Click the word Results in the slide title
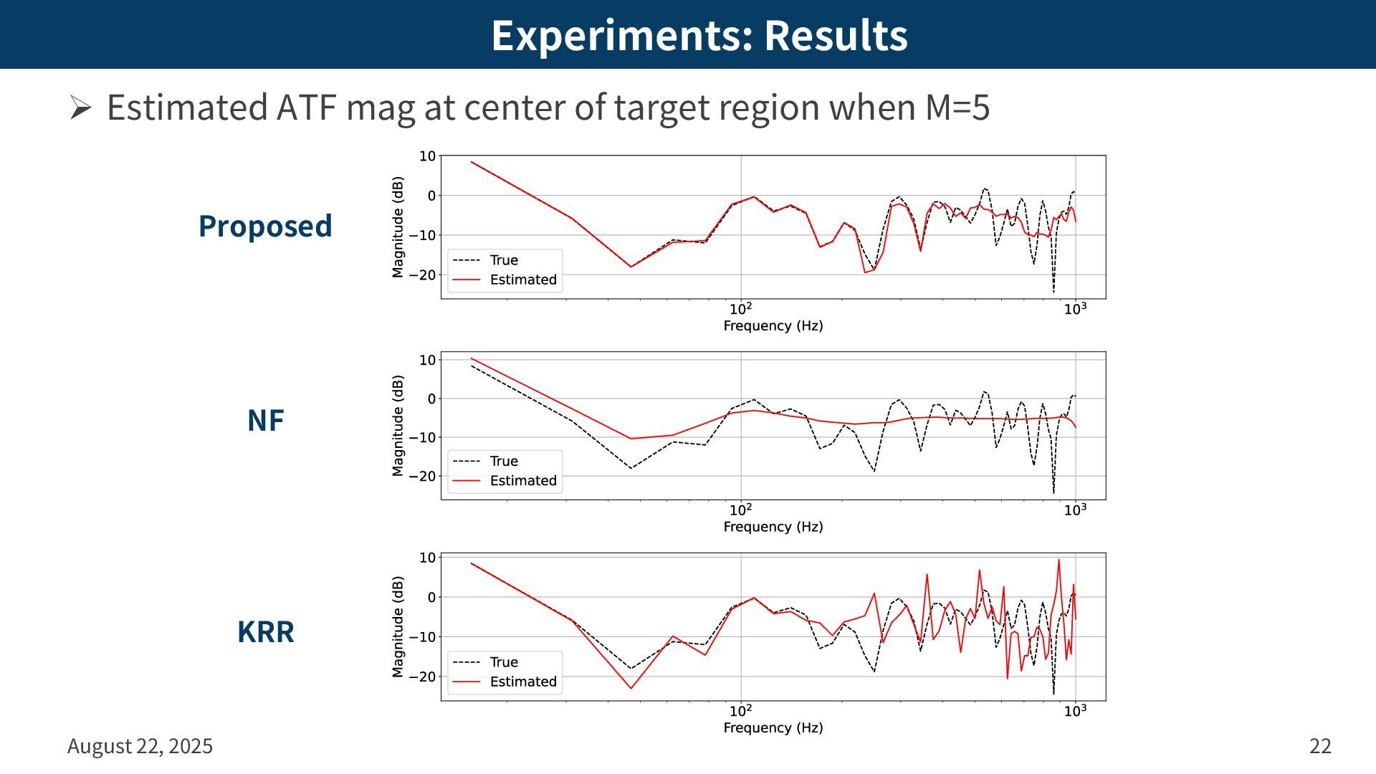pos(836,35)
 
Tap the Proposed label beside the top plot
pos(265,226)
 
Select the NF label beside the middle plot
pos(265,421)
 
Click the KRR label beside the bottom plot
pos(265,631)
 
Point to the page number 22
pos(1320,746)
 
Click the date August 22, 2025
pos(140,746)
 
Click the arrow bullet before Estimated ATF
pos(80,108)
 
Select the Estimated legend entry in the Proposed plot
pos(522,279)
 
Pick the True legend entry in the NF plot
pos(503,461)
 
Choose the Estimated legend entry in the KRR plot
pos(522,682)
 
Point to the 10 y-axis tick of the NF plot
pos(427,360)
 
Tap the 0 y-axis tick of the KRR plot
pos(431,597)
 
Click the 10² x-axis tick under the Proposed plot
pos(740,309)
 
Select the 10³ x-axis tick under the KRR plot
pos(1074,710)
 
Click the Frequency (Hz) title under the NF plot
pos(773,527)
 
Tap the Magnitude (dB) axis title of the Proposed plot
pos(398,226)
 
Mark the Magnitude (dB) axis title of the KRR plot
pos(398,626)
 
